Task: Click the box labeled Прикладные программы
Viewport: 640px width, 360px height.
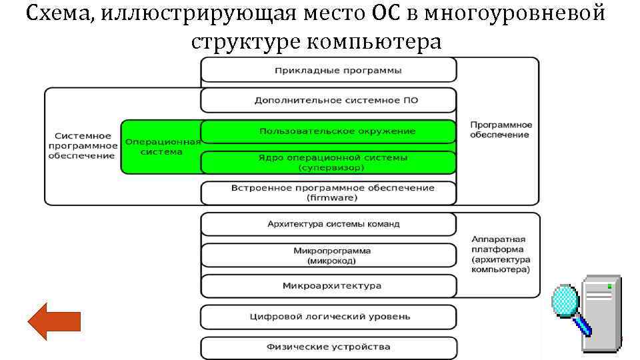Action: pyautogui.click(x=329, y=70)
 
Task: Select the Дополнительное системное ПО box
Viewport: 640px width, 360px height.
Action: pyautogui.click(x=329, y=101)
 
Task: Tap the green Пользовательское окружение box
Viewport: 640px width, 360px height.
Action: pyautogui.click(x=329, y=131)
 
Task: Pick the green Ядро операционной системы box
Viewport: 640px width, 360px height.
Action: pyautogui.click(x=329, y=162)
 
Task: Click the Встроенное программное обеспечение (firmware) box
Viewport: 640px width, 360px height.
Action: pyautogui.click(x=329, y=193)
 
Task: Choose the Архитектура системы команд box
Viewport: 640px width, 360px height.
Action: pyautogui.click(x=329, y=224)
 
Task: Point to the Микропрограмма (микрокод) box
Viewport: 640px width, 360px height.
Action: pyautogui.click(x=329, y=255)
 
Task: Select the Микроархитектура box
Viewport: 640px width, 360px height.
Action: pyautogui.click(x=329, y=285)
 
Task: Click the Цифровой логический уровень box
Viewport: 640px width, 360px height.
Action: pyautogui.click(x=329, y=316)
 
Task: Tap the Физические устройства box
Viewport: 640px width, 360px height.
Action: pyautogui.click(x=329, y=347)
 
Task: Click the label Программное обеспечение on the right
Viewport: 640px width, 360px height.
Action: pyautogui.click(x=501, y=130)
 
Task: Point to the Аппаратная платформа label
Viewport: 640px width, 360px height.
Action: pyautogui.click(x=500, y=254)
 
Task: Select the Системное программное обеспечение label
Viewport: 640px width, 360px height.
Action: pyautogui.click(x=81, y=145)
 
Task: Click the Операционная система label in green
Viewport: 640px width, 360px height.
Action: pyautogui.click(x=162, y=147)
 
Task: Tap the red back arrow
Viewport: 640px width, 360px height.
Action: pyautogui.click(x=54, y=321)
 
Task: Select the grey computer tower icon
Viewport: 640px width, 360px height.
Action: pyautogui.click(x=601, y=313)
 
